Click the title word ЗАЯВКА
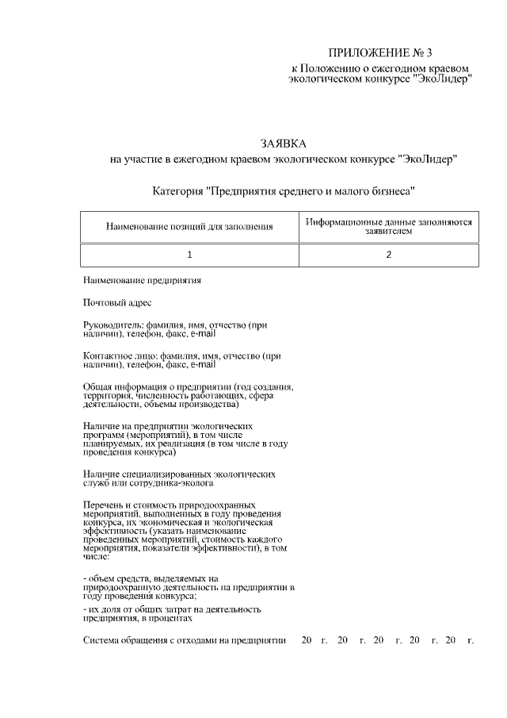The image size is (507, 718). click(283, 144)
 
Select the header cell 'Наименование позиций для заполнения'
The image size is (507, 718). click(189, 227)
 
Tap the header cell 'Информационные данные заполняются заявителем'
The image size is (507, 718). click(389, 227)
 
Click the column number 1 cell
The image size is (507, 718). click(189, 255)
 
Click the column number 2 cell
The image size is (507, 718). click(389, 255)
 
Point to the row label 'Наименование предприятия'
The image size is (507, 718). click(142, 280)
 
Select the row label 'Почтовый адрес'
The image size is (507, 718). click(116, 302)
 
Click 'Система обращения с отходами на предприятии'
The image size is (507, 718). click(184, 640)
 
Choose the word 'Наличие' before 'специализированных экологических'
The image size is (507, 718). click(101, 474)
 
